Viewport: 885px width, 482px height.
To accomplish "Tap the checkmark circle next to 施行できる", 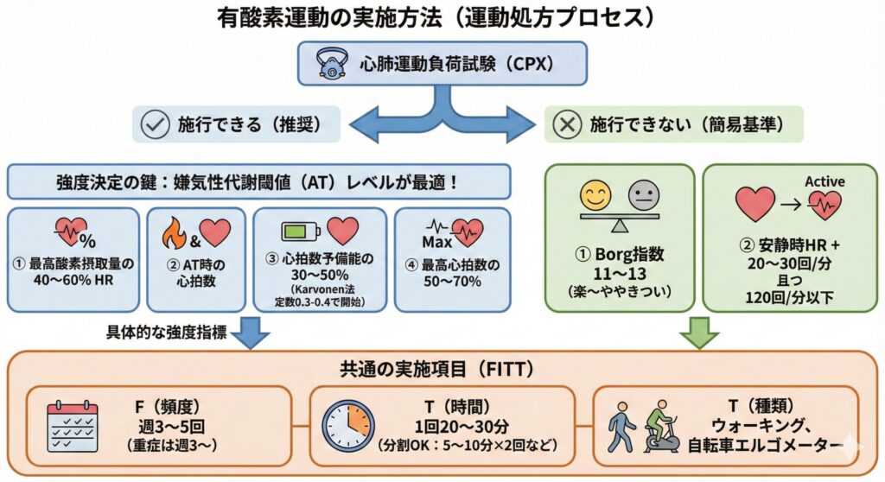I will click(x=155, y=124).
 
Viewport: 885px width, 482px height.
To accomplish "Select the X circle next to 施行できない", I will click(x=568, y=124).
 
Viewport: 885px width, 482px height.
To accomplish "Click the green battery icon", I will click(x=301, y=231).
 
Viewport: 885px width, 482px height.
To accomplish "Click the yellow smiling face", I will click(x=595, y=195).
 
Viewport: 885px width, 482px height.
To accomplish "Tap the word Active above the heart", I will click(x=825, y=181).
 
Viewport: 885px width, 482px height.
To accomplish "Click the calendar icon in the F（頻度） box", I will click(x=72, y=426).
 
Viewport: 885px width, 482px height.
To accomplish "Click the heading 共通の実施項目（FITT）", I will click(x=442, y=368).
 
